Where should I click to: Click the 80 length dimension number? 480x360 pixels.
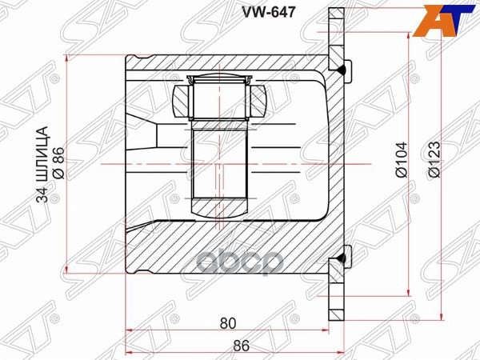[228, 324]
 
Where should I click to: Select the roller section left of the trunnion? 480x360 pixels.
[182, 102]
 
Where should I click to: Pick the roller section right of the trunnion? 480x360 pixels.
[258, 102]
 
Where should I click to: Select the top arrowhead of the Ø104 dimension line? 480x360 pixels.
[411, 40]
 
